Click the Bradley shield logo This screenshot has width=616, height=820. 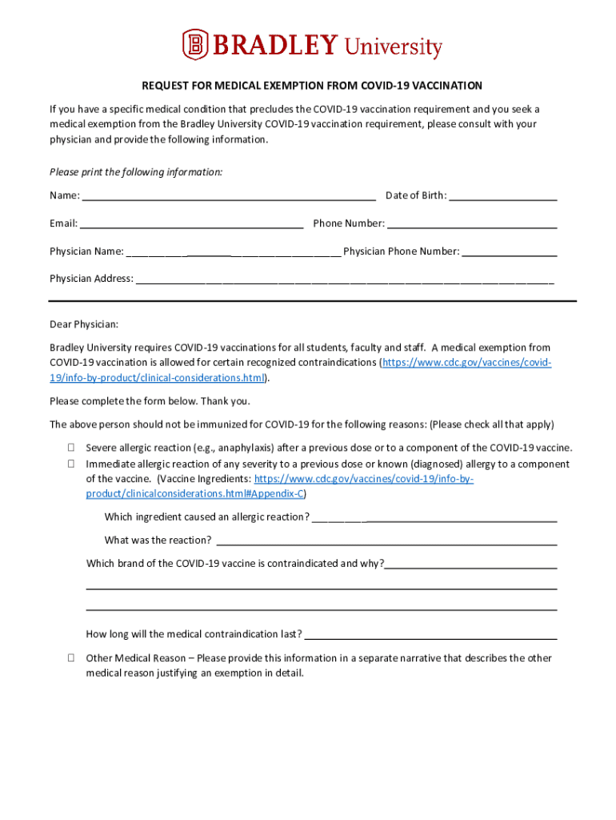tap(194, 44)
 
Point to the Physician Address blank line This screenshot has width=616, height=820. tap(344, 281)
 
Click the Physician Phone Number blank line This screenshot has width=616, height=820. tap(510, 253)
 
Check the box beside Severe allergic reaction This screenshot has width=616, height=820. tap(70, 448)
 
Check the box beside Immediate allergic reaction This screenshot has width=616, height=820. tap(70, 464)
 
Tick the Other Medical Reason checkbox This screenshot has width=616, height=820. tap(70, 658)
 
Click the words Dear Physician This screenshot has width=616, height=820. tap(84, 324)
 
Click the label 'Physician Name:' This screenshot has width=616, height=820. tap(86, 251)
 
